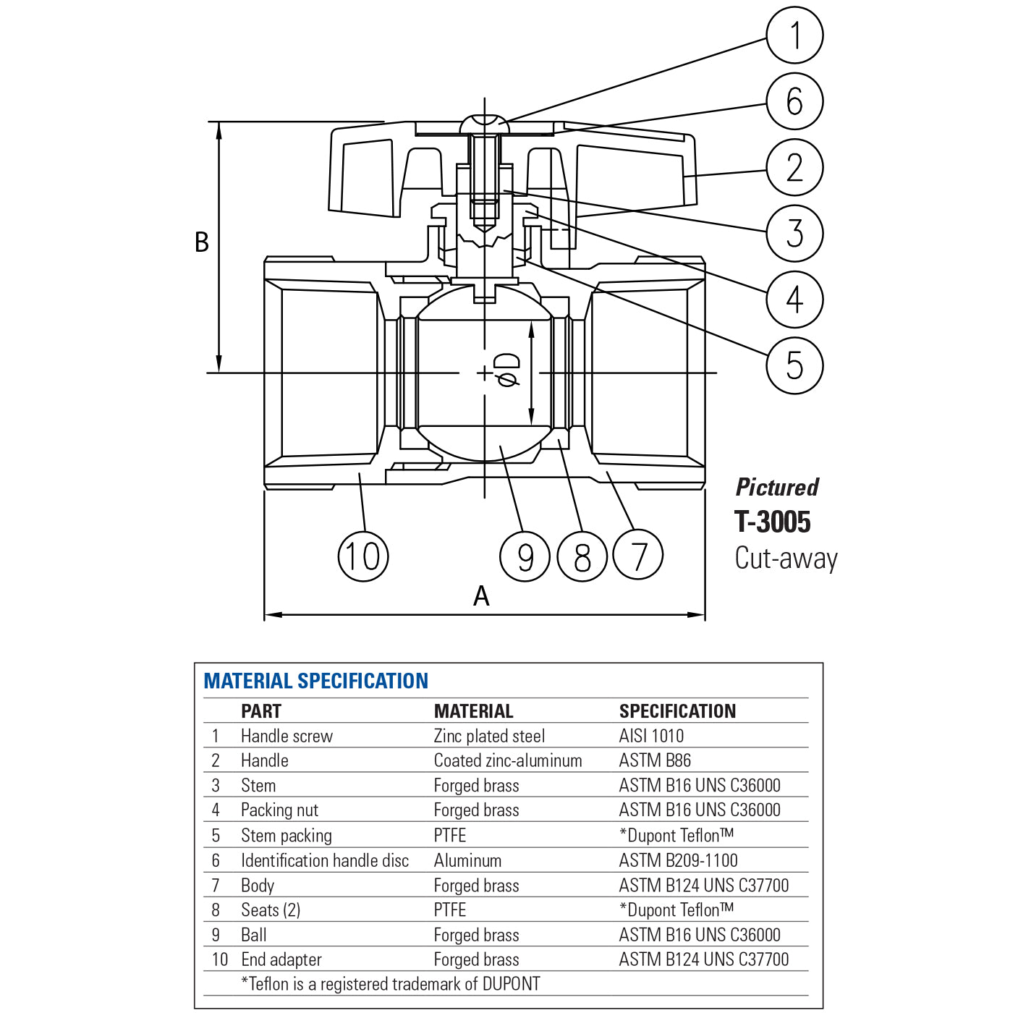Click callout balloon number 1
coord(794,35)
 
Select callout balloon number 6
coord(794,101)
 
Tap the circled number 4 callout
coord(794,300)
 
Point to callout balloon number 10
coord(363,556)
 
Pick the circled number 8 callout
coord(582,556)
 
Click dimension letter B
coord(202,242)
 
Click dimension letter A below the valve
coord(481,596)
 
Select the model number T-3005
coord(772,522)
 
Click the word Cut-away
coord(786,559)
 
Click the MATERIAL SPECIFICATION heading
coord(315,681)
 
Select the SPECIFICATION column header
coord(677,711)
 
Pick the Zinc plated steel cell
coord(489,736)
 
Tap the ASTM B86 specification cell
coord(655,760)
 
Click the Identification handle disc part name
coord(325,860)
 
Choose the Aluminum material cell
coord(467,860)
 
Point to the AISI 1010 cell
coord(651,736)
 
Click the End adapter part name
coord(281,959)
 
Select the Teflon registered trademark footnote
coord(391,984)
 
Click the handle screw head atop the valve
coord(484,124)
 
